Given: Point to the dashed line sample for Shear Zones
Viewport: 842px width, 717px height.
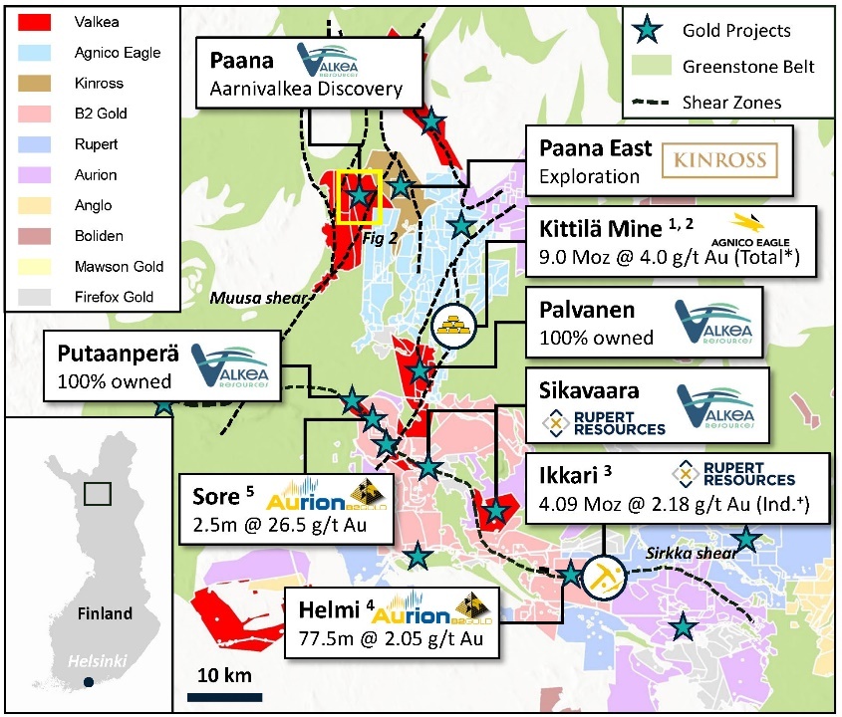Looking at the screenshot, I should click(x=651, y=102).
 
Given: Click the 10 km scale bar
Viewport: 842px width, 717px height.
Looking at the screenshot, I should click(x=225, y=696).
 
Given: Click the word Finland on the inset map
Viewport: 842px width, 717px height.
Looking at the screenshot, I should click(x=105, y=613).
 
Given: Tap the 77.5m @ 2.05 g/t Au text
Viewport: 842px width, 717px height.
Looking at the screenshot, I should click(x=390, y=638).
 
